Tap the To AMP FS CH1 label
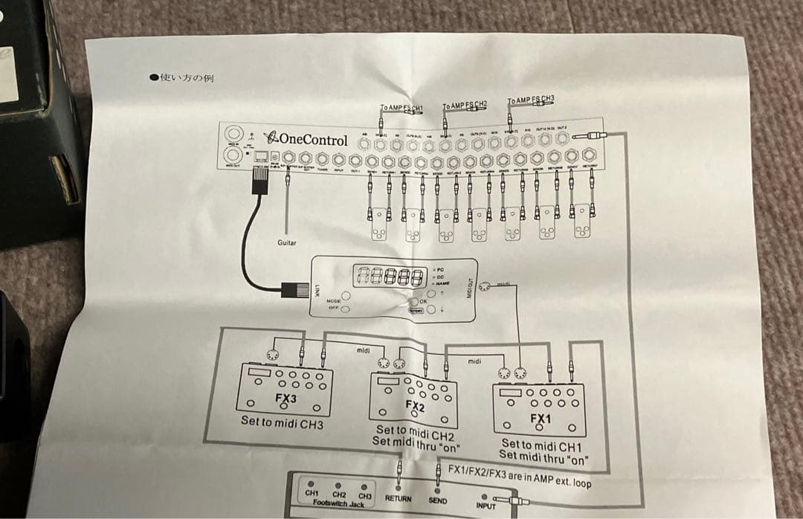click(x=401, y=109)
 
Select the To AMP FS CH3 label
click(x=531, y=99)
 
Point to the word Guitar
click(x=287, y=242)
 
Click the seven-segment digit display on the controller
click(x=387, y=277)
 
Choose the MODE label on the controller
click(x=333, y=300)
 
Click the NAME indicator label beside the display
click(x=442, y=283)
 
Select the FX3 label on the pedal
click(x=286, y=398)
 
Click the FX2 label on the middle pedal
click(x=415, y=405)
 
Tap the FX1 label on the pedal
click(x=541, y=419)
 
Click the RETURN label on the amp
click(x=398, y=498)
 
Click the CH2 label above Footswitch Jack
click(x=339, y=494)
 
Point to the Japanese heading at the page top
click(x=181, y=77)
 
